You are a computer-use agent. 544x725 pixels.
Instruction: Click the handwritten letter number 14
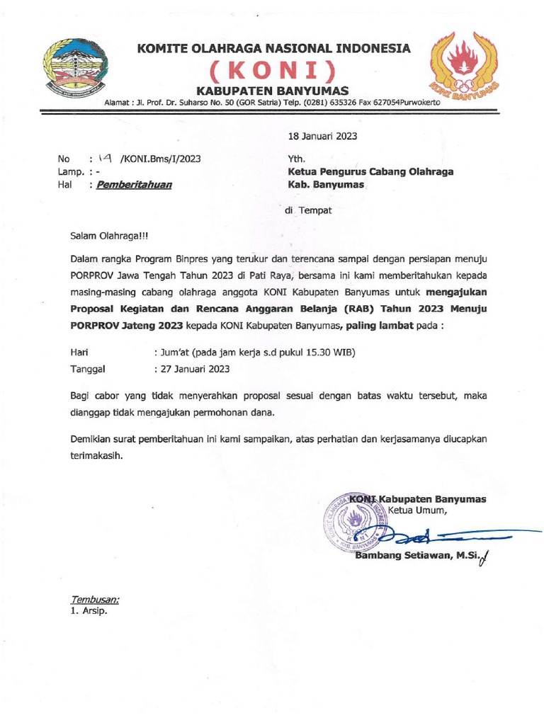[x=103, y=159]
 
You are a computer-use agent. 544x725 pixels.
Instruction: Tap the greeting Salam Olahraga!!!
[x=110, y=235]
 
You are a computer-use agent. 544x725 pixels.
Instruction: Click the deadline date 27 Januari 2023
[x=196, y=369]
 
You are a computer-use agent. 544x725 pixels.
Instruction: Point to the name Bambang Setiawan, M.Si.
[x=414, y=556]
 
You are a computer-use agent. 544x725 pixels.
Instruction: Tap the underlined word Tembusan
[x=95, y=599]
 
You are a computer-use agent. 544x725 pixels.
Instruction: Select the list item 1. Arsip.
[x=89, y=611]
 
